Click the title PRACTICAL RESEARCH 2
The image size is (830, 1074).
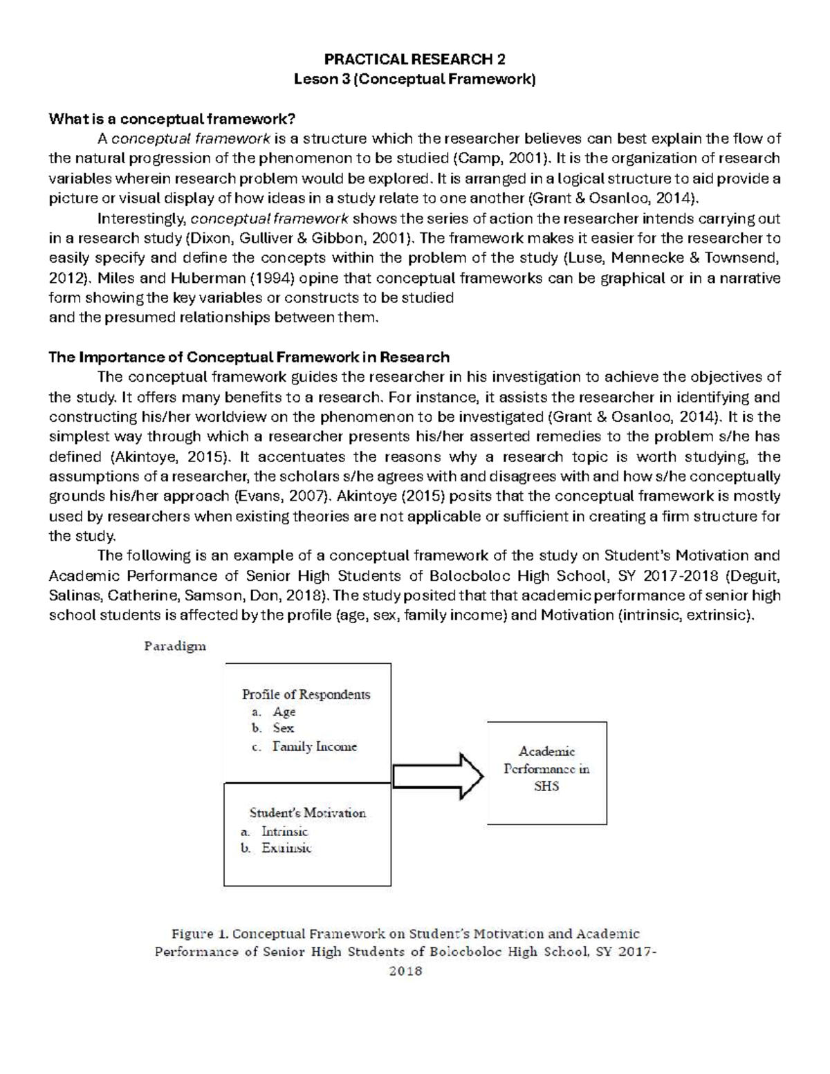click(415, 59)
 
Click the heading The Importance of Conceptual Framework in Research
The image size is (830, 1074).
click(249, 358)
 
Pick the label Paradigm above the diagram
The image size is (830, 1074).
click(175, 647)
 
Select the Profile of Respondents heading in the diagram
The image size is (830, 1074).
click(306, 694)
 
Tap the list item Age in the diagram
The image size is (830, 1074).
click(284, 712)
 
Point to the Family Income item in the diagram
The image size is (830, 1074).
click(315, 746)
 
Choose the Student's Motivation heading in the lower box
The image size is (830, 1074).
click(307, 813)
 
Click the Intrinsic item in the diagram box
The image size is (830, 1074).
click(284, 831)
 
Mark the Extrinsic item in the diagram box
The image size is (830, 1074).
click(286, 849)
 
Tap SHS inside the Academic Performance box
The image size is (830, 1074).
click(546, 786)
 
